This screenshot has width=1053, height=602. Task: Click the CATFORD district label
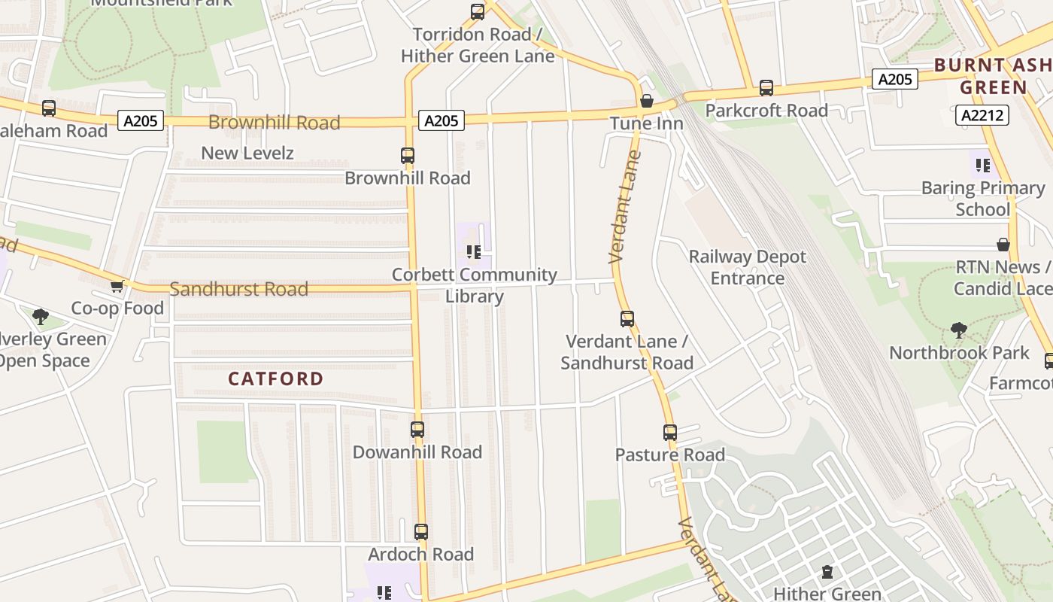click(x=275, y=379)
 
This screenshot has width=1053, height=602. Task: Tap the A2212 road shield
click(x=982, y=115)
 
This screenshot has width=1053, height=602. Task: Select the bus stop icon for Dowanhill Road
click(x=417, y=430)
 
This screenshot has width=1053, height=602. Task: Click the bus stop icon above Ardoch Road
click(x=421, y=532)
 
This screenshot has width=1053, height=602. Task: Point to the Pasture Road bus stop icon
click(x=670, y=433)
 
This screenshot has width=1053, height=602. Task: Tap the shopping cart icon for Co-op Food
click(x=117, y=287)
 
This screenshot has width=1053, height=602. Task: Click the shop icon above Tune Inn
click(x=646, y=101)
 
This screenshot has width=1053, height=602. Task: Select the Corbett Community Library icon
click(x=474, y=251)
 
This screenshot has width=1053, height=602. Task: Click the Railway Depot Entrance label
click(x=747, y=267)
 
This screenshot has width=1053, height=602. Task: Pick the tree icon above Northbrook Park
click(x=958, y=330)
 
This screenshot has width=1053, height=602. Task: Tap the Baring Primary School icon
click(x=982, y=166)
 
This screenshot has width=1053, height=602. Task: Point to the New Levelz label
click(x=247, y=153)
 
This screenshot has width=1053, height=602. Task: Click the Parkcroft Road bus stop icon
click(x=766, y=88)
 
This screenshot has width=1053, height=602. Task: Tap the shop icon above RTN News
click(x=1003, y=245)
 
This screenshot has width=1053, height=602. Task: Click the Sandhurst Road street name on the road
click(x=238, y=289)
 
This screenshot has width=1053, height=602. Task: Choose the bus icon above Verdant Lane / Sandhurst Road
click(x=627, y=319)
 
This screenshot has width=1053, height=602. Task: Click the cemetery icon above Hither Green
click(x=827, y=573)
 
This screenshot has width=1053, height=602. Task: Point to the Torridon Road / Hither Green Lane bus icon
click(x=478, y=11)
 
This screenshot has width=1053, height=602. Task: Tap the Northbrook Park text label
click(x=959, y=353)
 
